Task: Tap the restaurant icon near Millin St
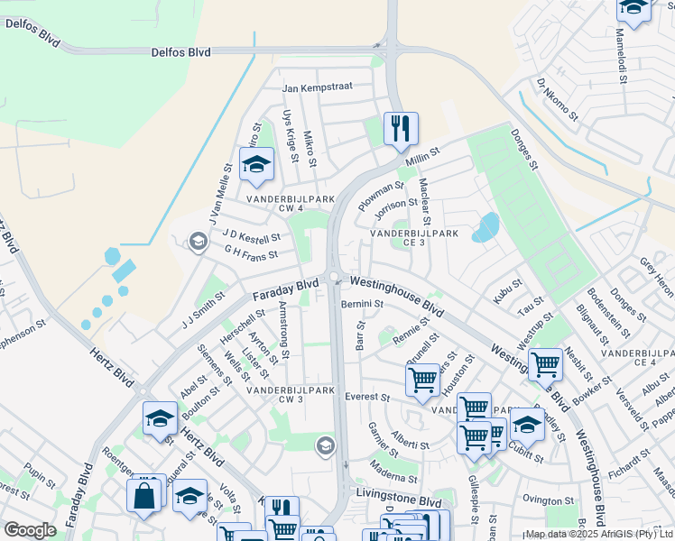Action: pos(399,127)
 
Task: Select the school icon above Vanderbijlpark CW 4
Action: pos(256,164)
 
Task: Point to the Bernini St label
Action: pos(363,305)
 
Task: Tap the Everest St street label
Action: pos(366,397)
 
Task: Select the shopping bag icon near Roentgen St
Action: pos(144,495)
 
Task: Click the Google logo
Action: pos(29,531)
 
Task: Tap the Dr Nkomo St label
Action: pos(557,99)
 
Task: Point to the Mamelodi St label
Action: pos(621,55)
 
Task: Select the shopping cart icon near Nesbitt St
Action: pos(545,364)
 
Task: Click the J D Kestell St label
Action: pos(252,237)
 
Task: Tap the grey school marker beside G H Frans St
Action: pos(197,240)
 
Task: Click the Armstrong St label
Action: pos(284,330)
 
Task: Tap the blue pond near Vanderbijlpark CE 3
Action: pos(485,227)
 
